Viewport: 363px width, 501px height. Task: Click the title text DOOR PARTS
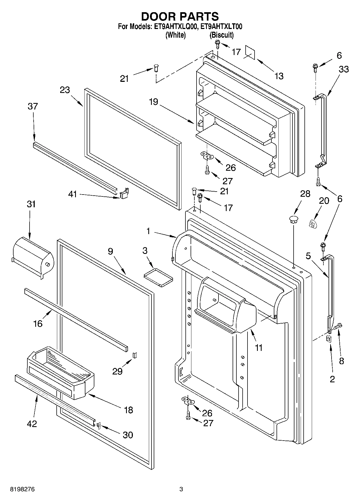(x=180, y=17)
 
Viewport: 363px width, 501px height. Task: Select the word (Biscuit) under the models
(x=221, y=35)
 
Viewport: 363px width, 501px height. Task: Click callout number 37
(x=33, y=106)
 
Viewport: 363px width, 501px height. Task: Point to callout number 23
(x=65, y=90)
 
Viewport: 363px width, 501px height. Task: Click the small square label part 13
(x=250, y=52)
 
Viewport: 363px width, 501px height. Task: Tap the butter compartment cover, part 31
(x=33, y=256)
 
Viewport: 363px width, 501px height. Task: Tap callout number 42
(x=32, y=424)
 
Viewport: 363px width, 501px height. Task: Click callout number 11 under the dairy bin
(x=259, y=348)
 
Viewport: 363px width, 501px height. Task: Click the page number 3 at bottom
(x=181, y=489)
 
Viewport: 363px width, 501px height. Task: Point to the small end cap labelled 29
(x=135, y=355)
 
